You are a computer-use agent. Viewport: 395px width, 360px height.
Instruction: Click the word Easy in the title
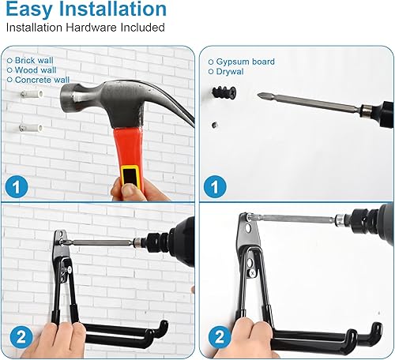tap(29, 9)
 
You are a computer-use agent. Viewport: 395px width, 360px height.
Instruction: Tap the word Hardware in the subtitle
tap(91, 28)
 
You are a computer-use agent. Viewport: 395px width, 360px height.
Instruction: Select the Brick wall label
tap(34, 60)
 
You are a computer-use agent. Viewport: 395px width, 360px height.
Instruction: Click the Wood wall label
tap(36, 70)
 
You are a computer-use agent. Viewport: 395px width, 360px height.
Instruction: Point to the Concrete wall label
tap(42, 80)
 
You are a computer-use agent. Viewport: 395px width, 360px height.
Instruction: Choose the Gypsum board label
tap(245, 62)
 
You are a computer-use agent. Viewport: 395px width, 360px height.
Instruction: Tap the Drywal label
tap(230, 72)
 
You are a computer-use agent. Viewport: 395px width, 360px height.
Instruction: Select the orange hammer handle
tap(129, 156)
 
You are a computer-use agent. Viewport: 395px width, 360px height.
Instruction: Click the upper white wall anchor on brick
tap(32, 94)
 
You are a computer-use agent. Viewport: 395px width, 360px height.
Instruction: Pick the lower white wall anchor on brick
tap(31, 128)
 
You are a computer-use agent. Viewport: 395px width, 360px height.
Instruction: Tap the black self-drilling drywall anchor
tap(224, 92)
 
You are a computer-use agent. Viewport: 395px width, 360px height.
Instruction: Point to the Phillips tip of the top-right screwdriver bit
tap(260, 96)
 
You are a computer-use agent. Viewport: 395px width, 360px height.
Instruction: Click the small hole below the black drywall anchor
tap(215, 125)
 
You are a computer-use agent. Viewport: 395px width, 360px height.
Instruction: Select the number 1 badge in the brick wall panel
tap(17, 187)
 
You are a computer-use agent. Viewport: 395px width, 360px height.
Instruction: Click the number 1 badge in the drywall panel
tap(215, 187)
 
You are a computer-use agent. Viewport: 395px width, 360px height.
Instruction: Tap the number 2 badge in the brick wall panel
tap(21, 337)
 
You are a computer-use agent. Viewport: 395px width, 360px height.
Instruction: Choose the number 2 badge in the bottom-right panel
tap(220, 337)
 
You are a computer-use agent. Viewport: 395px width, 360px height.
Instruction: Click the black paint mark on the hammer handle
tap(130, 176)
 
